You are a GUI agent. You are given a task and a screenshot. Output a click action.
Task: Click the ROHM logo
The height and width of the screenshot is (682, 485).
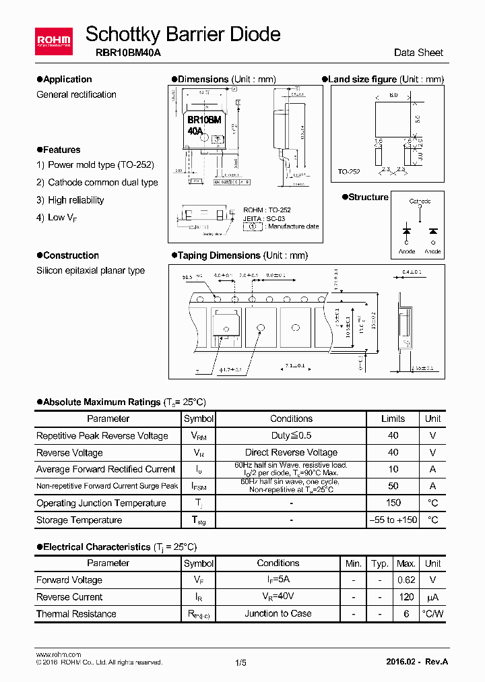[53, 41]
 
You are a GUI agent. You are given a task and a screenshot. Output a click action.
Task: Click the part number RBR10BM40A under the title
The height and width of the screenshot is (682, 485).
[123, 53]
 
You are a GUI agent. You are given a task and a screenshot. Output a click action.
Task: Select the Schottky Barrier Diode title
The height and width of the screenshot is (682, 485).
[183, 34]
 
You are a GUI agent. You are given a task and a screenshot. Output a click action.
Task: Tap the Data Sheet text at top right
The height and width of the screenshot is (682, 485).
[418, 53]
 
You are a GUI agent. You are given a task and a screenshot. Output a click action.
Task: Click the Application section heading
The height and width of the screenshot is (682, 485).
[67, 80]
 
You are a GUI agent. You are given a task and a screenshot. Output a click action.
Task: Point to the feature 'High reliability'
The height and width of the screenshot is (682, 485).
[75, 200]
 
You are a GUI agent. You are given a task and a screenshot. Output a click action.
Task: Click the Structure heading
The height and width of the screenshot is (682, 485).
[368, 197]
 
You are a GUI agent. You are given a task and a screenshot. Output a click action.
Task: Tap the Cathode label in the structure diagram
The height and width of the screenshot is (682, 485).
[420, 201]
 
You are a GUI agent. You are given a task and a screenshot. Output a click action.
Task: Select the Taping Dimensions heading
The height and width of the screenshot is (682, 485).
[243, 255]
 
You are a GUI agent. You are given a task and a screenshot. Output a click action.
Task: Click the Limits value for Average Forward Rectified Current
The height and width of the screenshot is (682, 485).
[393, 469]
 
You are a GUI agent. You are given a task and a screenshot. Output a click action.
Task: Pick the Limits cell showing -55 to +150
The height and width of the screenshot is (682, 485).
[393, 520]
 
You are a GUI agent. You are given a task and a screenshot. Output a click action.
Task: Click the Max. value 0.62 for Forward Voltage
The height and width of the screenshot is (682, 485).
[407, 580]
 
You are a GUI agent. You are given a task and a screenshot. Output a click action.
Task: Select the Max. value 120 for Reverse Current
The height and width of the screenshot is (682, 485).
[407, 596]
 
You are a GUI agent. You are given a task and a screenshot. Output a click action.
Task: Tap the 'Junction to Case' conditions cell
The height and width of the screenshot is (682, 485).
[278, 613]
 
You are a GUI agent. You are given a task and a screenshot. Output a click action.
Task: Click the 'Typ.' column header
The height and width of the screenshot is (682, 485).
[381, 563]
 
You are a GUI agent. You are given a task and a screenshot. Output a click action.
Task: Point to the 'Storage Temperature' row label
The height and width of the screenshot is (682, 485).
[79, 520]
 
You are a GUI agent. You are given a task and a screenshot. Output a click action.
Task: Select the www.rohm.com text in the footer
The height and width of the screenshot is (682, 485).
[58, 654]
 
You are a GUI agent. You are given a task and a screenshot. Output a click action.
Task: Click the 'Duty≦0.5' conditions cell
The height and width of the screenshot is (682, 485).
[291, 435]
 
